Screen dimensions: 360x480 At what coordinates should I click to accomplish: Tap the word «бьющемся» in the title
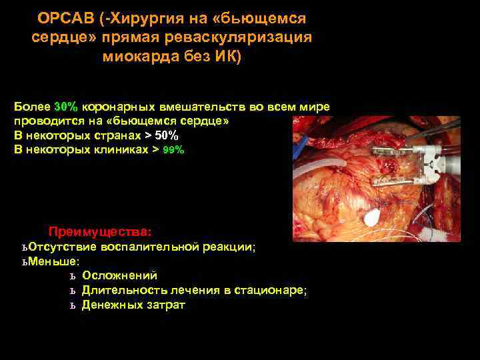click(x=269, y=18)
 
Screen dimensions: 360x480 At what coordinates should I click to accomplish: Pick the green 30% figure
click(x=66, y=107)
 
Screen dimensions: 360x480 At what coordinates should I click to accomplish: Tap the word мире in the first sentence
click(x=313, y=107)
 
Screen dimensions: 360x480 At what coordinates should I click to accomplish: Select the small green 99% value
click(x=174, y=150)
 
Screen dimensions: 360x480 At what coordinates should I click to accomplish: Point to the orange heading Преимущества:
click(x=100, y=232)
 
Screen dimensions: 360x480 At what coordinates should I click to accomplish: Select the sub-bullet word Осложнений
click(x=119, y=275)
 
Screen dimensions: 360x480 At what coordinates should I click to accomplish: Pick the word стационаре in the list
click(x=274, y=290)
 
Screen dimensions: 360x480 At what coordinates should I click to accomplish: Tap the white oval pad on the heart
click(x=372, y=215)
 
